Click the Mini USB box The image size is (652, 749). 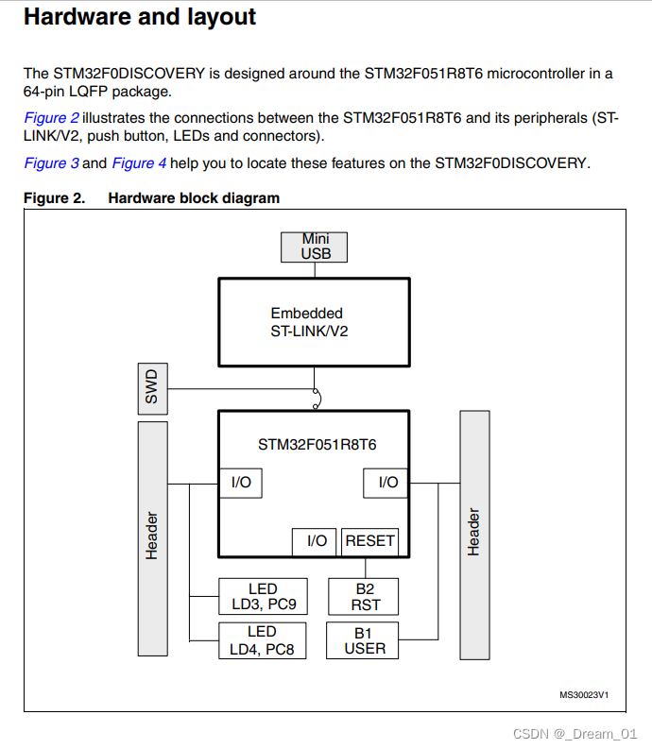coord(315,247)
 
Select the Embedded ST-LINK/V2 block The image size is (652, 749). coord(314,322)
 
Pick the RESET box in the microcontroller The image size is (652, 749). coord(369,541)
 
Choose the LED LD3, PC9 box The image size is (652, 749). coord(263,597)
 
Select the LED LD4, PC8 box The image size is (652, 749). coord(263,640)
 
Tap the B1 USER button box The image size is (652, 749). coord(364,640)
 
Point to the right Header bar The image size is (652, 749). coord(474,535)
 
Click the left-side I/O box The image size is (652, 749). coord(241,483)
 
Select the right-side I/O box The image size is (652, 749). coord(387,483)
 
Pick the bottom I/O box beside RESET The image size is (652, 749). coord(317,541)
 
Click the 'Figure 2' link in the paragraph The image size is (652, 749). coord(51,118)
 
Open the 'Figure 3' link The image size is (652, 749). coord(51,163)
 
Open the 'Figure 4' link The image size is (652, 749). coord(139,163)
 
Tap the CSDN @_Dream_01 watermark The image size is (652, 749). coord(575,734)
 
